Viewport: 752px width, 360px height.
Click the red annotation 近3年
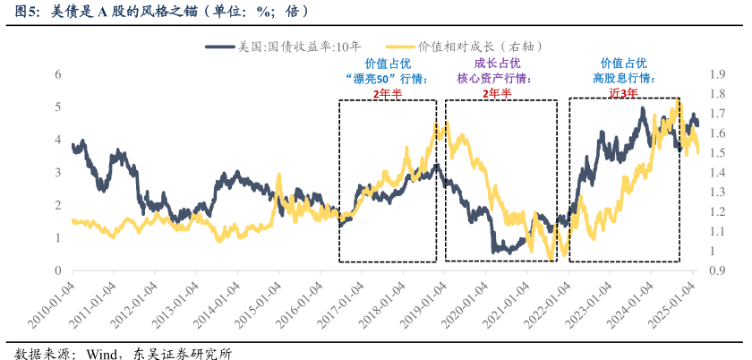click(623, 92)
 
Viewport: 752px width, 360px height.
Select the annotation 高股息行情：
click(623, 78)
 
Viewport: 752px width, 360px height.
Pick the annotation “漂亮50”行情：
click(387, 78)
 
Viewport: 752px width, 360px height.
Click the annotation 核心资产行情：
click(494, 78)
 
